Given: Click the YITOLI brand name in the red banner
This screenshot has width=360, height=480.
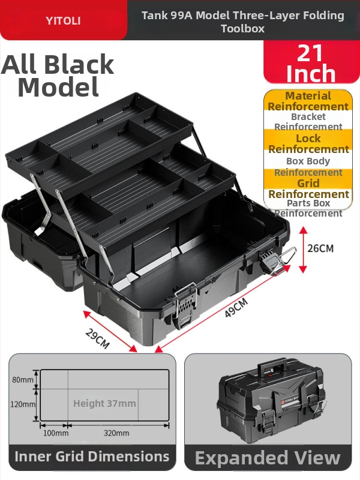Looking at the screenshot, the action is (x=63, y=21).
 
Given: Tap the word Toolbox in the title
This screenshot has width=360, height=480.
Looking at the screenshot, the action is (x=243, y=28).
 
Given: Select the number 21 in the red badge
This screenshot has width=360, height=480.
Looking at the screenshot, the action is (x=310, y=53).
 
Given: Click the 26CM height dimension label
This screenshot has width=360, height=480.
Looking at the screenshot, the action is (x=320, y=248).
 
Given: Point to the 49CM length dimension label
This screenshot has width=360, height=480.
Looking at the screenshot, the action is (x=236, y=308).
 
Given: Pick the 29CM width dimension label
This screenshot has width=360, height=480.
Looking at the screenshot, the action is (x=97, y=338).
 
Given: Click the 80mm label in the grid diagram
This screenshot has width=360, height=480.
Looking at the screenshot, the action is (x=23, y=380).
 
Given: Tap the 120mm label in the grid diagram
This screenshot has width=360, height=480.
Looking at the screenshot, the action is (x=23, y=404).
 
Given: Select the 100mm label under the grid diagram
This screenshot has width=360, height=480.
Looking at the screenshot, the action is (x=56, y=433).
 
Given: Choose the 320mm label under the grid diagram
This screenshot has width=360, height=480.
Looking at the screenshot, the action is (x=116, y=433).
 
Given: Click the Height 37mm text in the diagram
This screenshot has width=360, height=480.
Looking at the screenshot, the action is (x=104, y=403).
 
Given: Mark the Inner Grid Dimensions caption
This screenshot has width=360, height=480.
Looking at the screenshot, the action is (x=92, y=457).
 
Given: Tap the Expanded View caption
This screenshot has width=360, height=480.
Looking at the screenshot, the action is (x=268, y=458).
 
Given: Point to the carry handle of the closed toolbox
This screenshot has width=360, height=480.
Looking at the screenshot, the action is (x=272, y=368).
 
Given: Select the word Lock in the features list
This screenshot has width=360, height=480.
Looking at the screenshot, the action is (x=308, y=139).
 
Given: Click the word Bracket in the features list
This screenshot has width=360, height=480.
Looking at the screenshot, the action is (x=308, y=116).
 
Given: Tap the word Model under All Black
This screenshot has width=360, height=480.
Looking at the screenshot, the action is (x=58, y=87).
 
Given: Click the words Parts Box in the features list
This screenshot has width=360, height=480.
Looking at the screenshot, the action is (x=308, y=203).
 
